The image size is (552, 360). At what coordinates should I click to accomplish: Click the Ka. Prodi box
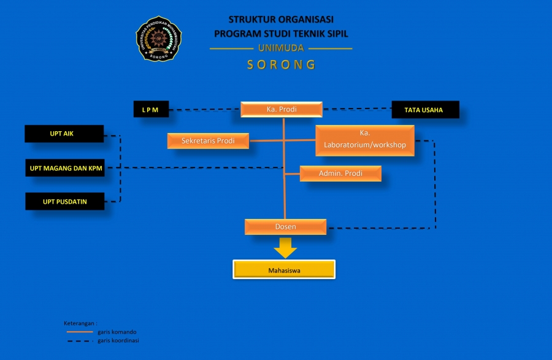point(282,110)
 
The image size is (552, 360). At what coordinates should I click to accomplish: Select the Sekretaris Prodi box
point(209,141)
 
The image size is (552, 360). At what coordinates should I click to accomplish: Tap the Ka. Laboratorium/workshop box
point(365,140)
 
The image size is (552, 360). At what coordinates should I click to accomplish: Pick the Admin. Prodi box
point(340,174)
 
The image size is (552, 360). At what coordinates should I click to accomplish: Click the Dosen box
point(285,227)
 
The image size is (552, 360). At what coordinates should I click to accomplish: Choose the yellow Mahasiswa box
point(284,270)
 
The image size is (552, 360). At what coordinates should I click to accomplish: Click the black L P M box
point(150,110)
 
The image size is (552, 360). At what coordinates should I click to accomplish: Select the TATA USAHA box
point(424,110)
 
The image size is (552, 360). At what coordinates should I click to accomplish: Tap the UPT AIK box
point(64,134)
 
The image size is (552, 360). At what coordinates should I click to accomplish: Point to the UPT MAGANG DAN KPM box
point(64,168)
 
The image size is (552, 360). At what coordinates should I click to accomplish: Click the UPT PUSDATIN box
point(64,201)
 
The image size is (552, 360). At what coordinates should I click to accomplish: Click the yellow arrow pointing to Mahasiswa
point(285,247)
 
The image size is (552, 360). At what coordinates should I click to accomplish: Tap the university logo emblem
point(159,38)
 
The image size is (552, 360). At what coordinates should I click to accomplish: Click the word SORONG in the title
point(282,64)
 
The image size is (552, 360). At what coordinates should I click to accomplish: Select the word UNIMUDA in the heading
point(282,48)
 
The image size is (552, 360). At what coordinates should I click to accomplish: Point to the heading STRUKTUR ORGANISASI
point(282,20)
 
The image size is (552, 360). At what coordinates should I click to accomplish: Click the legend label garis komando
point(117,332)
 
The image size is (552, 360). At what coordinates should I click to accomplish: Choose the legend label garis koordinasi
point(118,340)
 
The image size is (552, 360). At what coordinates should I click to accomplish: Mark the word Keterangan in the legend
point(80,323)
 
